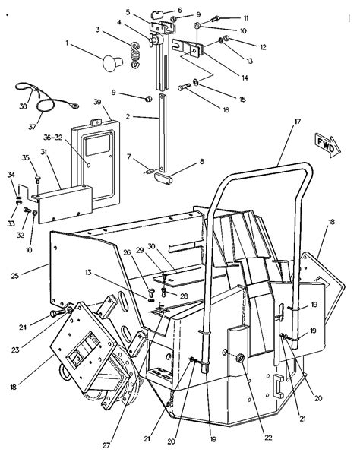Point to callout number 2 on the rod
pyautogui.click(x=128, y=116)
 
